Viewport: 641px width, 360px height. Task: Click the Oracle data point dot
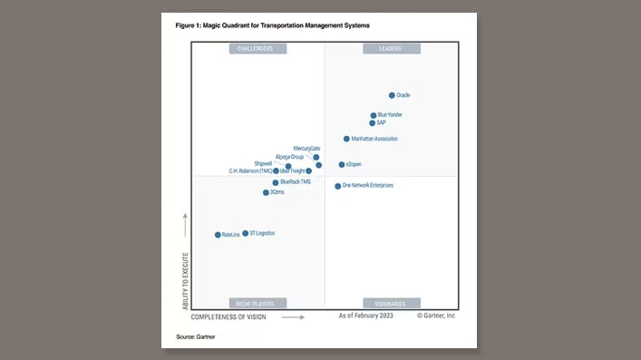tap(392, 95)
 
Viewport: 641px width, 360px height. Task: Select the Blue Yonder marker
tap(373, 115)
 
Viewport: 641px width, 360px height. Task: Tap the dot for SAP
tap(372, 123)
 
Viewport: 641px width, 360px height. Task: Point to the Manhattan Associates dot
tap(346, 139)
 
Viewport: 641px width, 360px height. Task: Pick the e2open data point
tap(342, 165)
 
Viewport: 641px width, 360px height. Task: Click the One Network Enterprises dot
tap(338, 186)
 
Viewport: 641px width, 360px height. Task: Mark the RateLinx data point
tap(218, 235)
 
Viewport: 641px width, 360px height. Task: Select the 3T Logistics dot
tap(245, 233)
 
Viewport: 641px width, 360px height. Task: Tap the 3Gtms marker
tap(266, 192)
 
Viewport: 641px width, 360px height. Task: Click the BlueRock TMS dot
tap(276, 182)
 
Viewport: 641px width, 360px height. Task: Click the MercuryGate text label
tap(306, 148)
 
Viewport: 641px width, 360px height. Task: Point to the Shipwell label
tap(263, 163)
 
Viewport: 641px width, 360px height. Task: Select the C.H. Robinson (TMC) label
tap(250, 170)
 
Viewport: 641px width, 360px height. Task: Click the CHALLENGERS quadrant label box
tap(257, 49)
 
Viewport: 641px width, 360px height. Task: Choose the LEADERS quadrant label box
tap(390, 49)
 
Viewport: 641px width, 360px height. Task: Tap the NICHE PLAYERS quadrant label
tap(257, 303)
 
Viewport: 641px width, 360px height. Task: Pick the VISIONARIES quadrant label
tap(390, 303)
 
